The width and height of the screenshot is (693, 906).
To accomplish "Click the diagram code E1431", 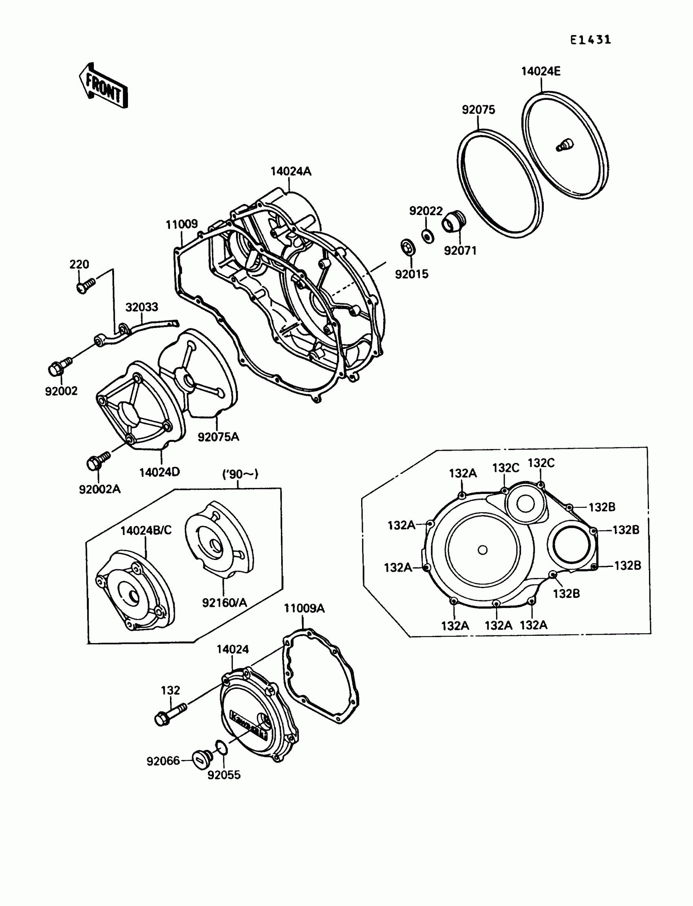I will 590,40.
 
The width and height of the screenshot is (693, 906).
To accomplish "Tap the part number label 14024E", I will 541,71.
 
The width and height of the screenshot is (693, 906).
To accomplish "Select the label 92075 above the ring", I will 478,110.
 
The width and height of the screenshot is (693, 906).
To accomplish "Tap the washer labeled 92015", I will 408,247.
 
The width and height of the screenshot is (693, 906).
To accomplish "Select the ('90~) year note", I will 240,474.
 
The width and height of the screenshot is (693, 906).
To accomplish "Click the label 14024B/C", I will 146,530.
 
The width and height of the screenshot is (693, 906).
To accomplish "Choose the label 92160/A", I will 224,603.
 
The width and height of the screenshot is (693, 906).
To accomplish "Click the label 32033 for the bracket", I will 141,307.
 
